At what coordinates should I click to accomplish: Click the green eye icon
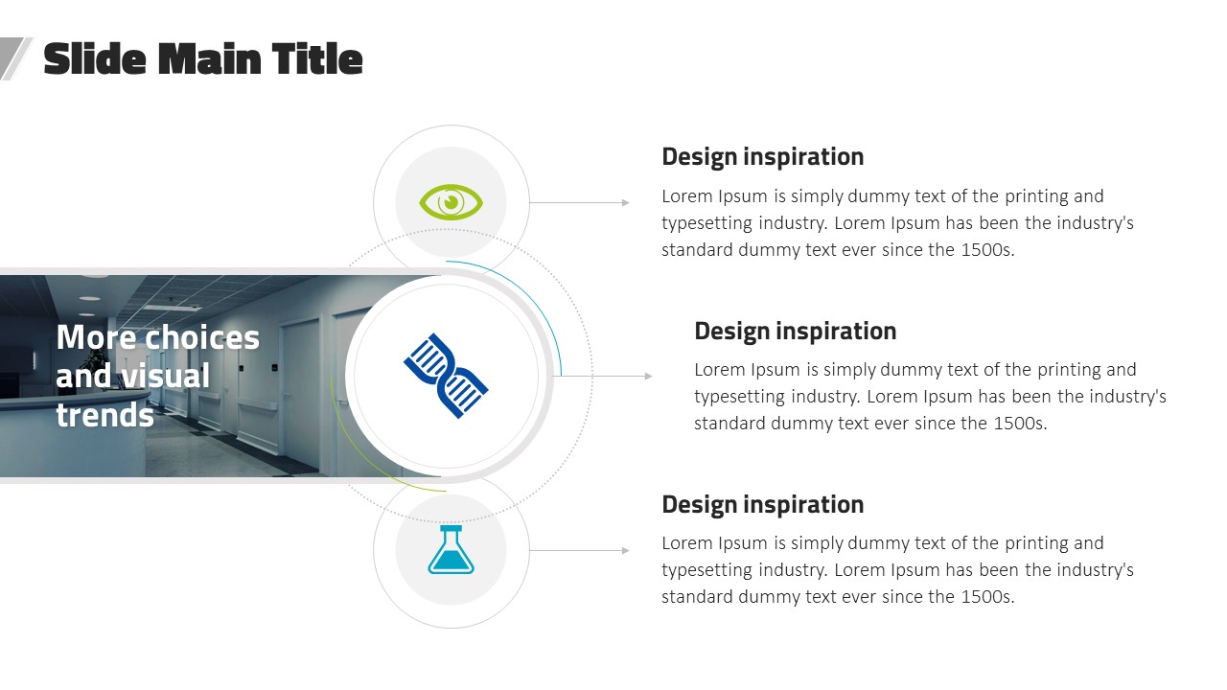[451, 202]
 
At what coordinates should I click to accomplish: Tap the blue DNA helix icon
[446, 376]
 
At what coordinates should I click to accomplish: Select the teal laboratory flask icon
[451, 550]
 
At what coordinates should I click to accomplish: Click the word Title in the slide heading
[317, 58]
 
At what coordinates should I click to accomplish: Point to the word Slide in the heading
[95, 58]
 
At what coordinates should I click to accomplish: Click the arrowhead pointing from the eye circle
[626, 202]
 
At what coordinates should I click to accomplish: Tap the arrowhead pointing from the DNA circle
[649, 377]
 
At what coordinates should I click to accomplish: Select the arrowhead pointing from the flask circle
[626, 550]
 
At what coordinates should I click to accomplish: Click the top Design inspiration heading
[762, 157]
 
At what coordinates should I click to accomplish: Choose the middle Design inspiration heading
[796, 332]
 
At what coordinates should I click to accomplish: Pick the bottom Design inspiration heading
[762, 505]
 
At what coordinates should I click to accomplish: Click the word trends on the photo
[105, 415]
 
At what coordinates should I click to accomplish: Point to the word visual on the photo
[164, 376]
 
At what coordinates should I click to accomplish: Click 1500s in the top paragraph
[987, 250]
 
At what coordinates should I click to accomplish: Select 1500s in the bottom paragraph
[987, 597]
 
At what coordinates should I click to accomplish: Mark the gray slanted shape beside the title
[15, 58]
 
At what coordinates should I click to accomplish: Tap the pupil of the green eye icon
[451, 202]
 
